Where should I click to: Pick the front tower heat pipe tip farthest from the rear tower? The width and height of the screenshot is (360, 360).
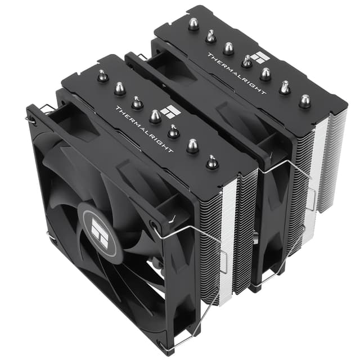pos(102,76)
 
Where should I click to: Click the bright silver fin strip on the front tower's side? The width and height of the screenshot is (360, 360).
pos(228,236)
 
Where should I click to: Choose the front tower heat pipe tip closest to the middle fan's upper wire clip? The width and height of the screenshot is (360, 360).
pos(211,162)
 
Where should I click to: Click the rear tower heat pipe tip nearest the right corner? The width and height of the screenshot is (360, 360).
pos(304,100)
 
